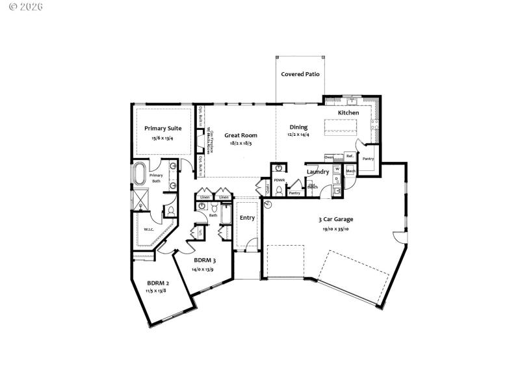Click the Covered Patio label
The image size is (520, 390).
(300, 74)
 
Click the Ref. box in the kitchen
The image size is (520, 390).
(349, 156)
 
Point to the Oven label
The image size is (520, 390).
(330, 157)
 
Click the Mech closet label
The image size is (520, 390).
(350, 171)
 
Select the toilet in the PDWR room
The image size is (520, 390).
(279, 191)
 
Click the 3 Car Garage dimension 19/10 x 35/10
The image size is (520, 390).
(335, 229)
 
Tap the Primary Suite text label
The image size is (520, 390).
(162, 128)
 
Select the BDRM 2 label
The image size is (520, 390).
(158, 283)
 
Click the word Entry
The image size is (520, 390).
(247, 218)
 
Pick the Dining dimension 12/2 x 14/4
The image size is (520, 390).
(299, 135)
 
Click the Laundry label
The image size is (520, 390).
(318, 172)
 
